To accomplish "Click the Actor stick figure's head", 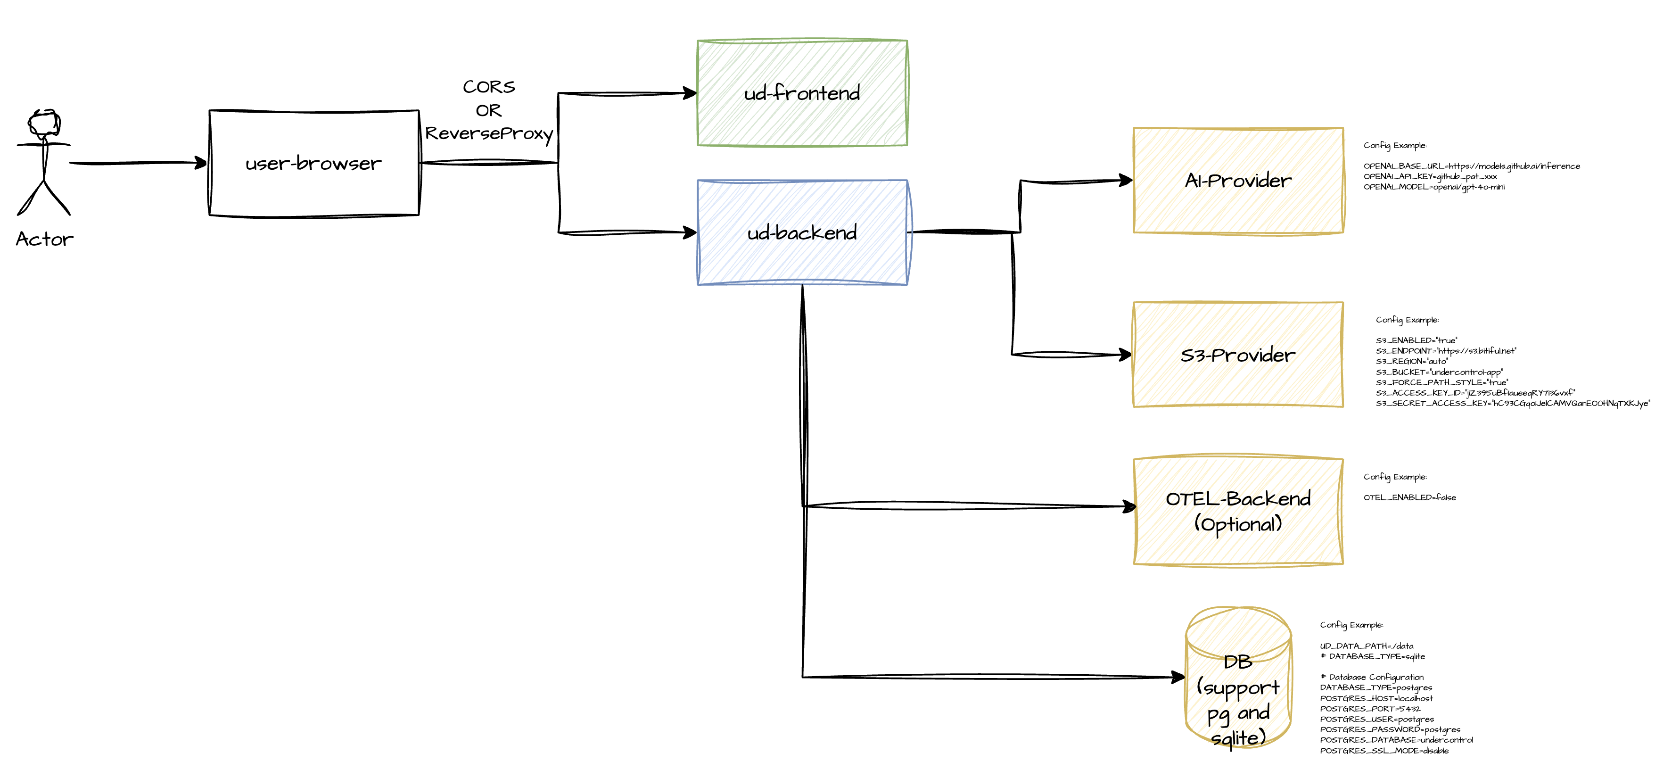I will pos(44,123).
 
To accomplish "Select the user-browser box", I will pos(313,163).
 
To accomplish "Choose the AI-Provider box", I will pos(1238,181).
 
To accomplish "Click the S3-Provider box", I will pos(1238,355).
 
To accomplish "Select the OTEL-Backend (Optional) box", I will pos(1238,511).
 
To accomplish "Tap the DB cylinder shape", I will pos(1238,678).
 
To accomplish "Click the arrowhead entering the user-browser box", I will pos(202,163).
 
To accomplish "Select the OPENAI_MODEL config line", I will pos(1433,187).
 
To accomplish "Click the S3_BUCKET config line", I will pos(1439,372).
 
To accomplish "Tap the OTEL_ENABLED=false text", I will pos(1409,497).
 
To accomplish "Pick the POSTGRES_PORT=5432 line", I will pos(1369,709).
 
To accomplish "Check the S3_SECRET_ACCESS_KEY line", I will pos(1512,404).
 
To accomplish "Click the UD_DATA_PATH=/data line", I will pos(1367,646).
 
